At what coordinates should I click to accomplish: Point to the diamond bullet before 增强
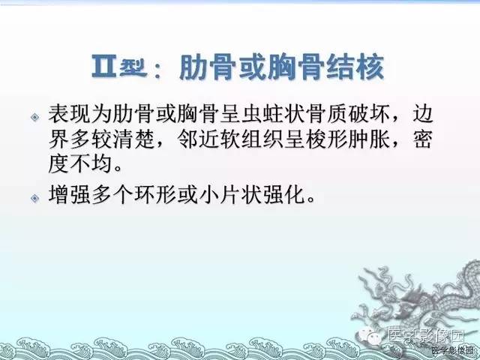pyautogui.click(x=34, y=197)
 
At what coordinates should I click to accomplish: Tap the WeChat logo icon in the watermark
pyautogui.click(x=376, y=333)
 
